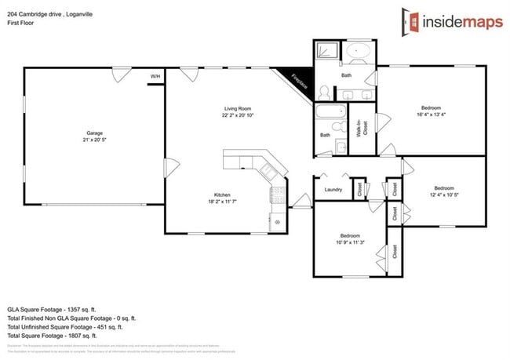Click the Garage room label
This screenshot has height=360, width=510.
(95, 133)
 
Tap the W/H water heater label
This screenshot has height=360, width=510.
(155, 76)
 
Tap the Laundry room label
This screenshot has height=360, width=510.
(333, 189)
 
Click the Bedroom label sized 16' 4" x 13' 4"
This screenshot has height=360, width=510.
(431, 107)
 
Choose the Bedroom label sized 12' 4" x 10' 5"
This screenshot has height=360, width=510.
(444, 188)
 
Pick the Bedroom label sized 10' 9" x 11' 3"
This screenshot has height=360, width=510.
(350, 236)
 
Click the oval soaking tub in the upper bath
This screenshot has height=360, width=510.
(360, 54)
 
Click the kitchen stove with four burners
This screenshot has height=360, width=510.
(278, 198)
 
